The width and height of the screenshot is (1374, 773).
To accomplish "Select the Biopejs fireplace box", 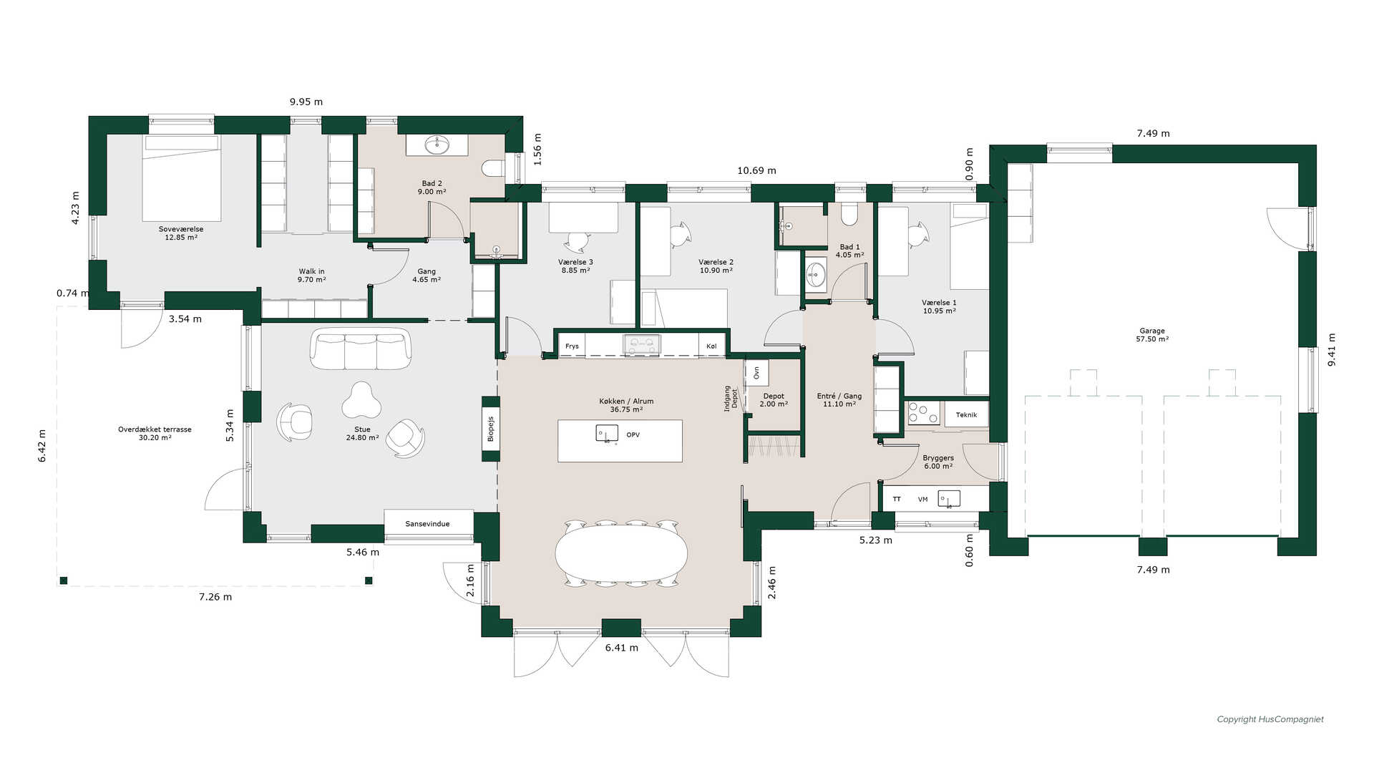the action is [491, 429].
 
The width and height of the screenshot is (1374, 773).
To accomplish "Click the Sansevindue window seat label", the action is [428, 524].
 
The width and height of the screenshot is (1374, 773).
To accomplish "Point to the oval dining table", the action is [621, 553].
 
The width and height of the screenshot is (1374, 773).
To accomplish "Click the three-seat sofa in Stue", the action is [361, 349].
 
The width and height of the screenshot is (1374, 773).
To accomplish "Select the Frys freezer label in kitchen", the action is [572, 346].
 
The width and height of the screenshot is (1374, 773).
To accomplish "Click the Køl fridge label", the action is [711, 346].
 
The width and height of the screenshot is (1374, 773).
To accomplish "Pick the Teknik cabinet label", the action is [966, 415].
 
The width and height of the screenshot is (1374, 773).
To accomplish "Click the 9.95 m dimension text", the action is [306, 102].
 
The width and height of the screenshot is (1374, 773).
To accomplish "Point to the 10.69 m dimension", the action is [756, 170].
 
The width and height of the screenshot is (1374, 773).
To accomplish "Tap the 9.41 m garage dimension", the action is [1332, 350].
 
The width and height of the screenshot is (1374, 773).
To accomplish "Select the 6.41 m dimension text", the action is [622, 648].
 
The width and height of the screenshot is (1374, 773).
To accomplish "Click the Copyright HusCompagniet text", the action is [1270, 719].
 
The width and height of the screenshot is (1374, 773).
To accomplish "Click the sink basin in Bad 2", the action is [437, 145].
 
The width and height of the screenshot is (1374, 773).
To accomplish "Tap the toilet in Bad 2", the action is [493, 169].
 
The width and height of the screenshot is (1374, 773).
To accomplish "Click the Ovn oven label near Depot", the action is [756, 373].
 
